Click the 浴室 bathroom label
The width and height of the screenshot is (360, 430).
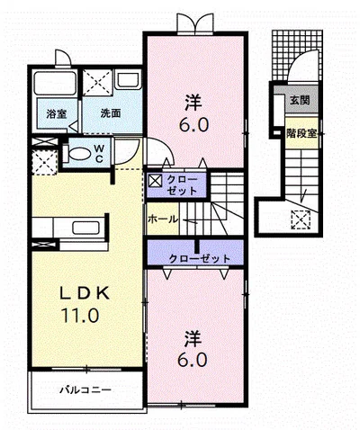point(57,114)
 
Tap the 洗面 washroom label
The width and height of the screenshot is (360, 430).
point(111,113)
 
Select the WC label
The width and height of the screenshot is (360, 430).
point(99,153)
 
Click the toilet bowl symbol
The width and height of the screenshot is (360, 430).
point(76,154)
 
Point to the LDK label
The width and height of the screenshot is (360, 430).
point(85,293)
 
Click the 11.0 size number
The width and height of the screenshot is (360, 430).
point(80,315)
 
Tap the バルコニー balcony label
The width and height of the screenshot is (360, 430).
point(85,390)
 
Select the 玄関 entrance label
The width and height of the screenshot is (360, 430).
point(300,100)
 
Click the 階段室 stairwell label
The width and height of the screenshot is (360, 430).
point(301,133)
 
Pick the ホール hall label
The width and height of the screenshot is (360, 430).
point(163,219)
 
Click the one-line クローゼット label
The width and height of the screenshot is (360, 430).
point(200,258)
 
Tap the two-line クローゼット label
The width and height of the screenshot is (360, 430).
point(182,185)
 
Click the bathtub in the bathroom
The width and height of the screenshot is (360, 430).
point(55,83)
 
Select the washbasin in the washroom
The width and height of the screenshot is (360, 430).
point(128,79)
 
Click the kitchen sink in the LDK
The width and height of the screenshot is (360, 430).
point(85,228)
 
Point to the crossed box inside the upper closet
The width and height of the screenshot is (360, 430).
point(156,181)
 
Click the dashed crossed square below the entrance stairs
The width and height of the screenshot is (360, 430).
point(301,219)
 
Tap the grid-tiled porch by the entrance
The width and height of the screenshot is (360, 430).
point(297,56)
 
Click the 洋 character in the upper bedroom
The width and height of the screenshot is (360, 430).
point(193,102)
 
